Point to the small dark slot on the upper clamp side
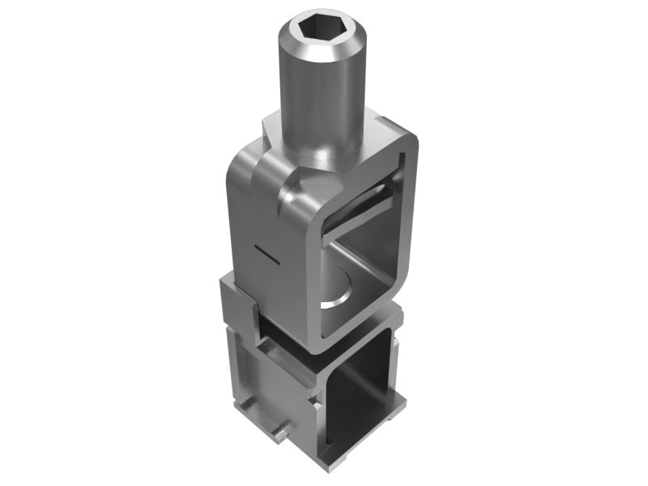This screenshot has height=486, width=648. click(x=264, y=254)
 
